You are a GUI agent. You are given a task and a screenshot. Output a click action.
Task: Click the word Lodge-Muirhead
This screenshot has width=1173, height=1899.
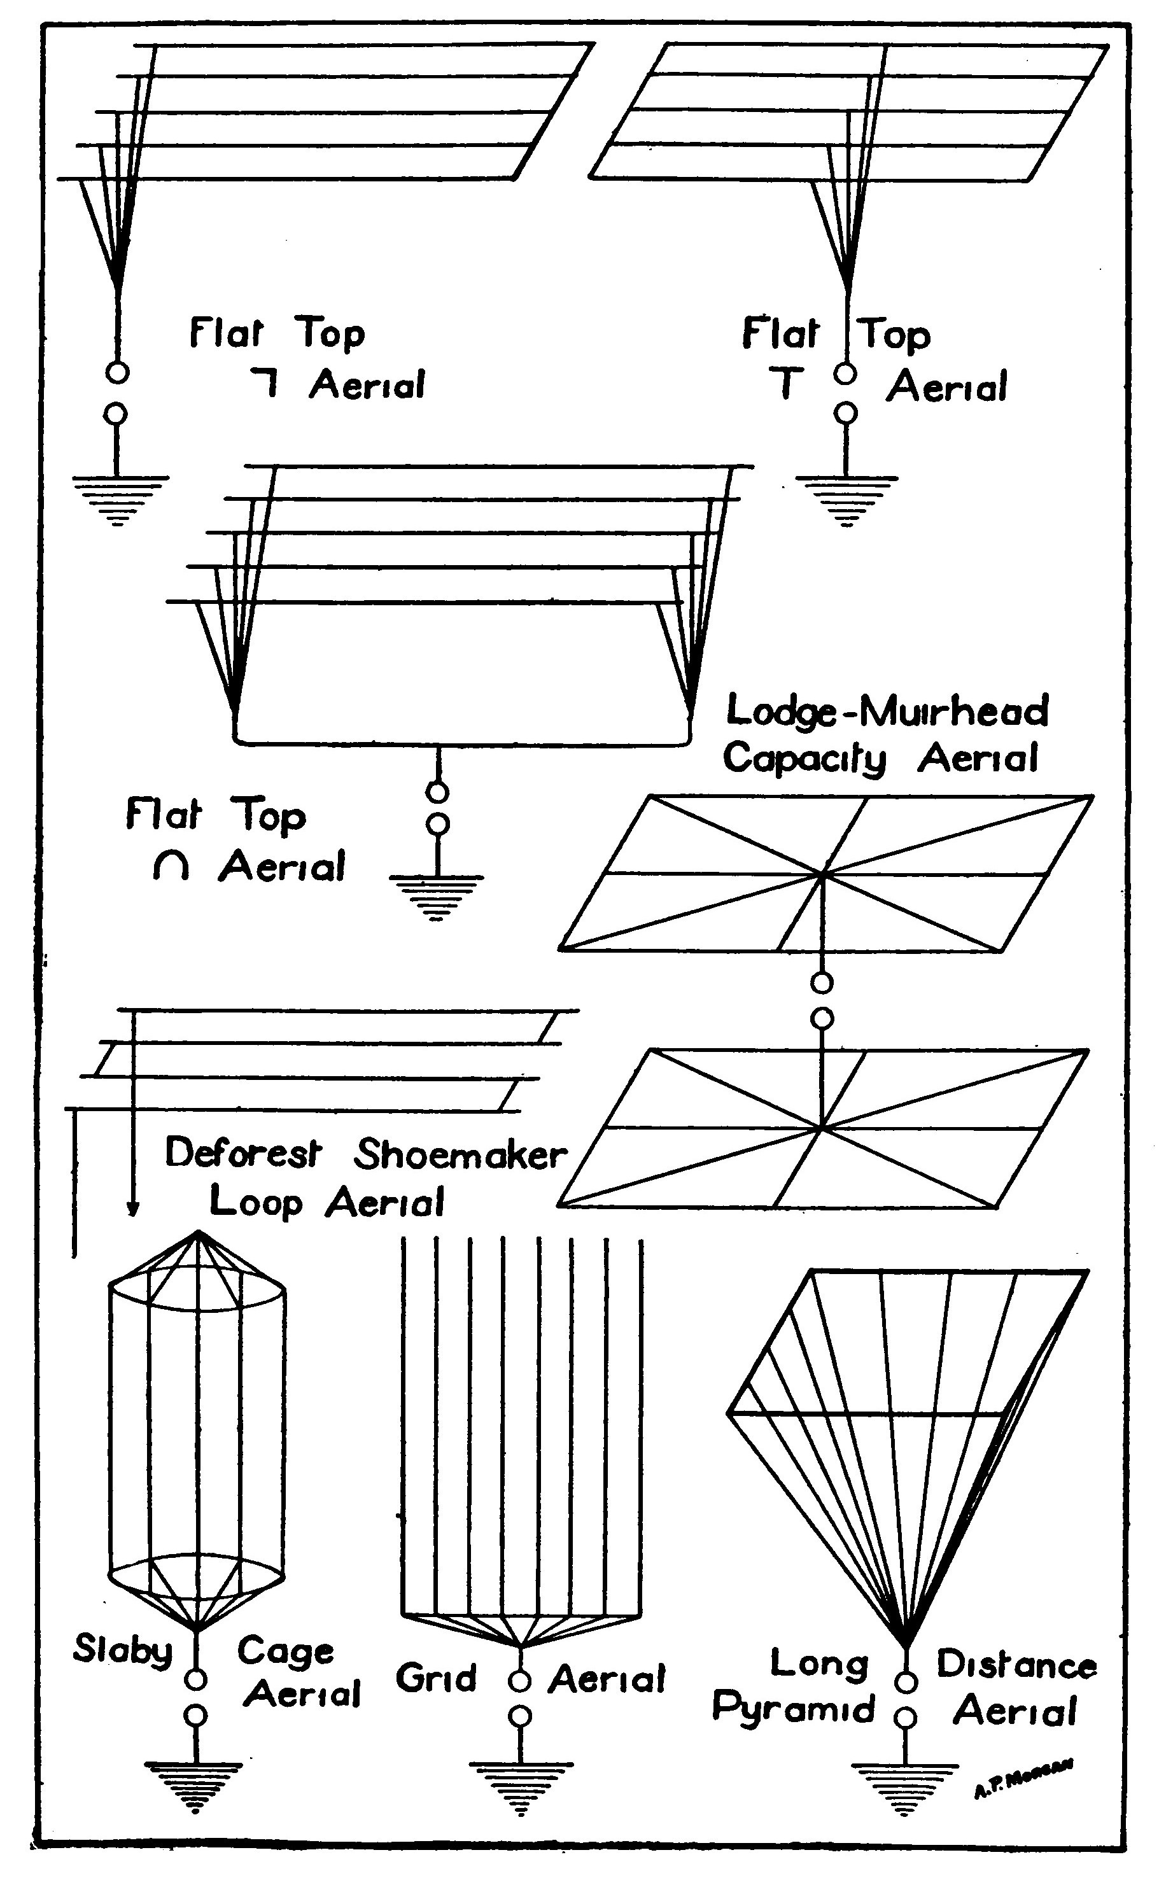pos(887,711)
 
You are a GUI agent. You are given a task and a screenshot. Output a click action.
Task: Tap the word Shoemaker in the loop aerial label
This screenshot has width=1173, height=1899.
pos(460,1155)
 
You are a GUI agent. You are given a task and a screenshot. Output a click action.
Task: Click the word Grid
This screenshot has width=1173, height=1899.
pos(436,1679)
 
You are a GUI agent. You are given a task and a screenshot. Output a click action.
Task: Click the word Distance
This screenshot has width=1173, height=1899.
pos(1016,1665)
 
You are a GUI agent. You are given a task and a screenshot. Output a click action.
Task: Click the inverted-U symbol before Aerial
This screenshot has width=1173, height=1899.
pos(171,867)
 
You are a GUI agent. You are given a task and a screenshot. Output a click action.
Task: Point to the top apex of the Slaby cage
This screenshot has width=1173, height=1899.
pos(198,1232)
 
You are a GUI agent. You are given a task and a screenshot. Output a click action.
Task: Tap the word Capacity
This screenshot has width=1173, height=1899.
pos(804,759)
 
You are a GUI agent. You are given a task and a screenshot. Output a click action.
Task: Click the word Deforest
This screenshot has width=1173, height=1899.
pos(243,1154)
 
